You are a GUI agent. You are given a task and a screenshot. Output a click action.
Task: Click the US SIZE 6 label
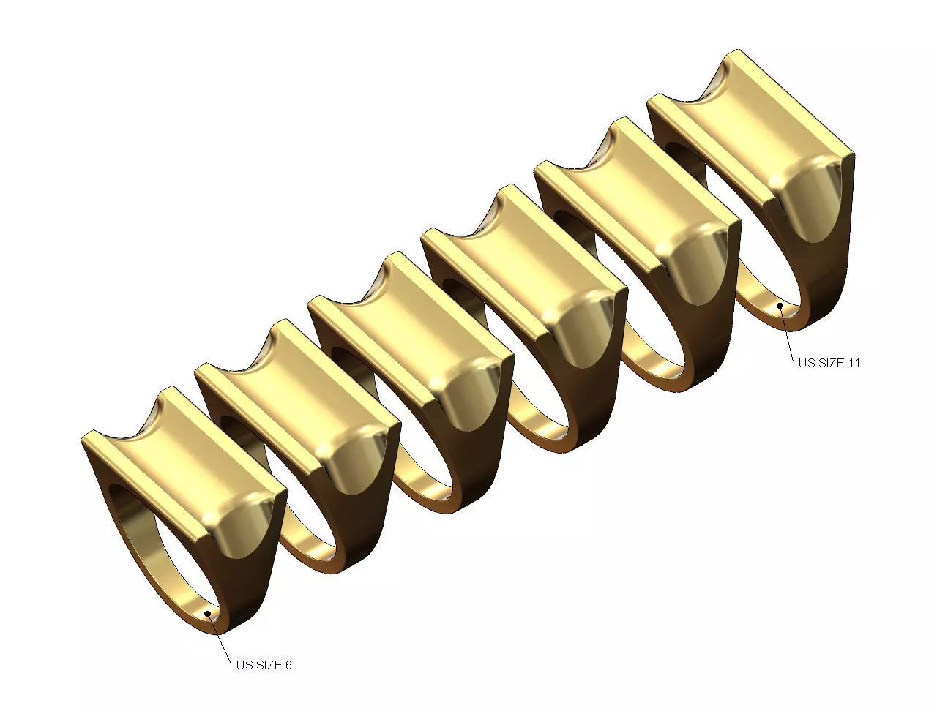click(x=264, y=665)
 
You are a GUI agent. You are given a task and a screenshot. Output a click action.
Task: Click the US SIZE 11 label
click(x=829, y=362)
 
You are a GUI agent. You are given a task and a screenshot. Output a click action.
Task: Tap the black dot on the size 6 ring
click(x=209, y=613)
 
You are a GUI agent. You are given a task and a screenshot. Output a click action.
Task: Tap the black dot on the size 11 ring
click(x=780, y=305)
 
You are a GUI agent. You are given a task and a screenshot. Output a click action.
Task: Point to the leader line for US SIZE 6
click(x=219, y=636)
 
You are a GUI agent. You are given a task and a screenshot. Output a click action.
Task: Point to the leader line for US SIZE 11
click(x=787, y=333)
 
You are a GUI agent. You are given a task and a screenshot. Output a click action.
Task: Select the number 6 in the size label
click(x=288, y=665)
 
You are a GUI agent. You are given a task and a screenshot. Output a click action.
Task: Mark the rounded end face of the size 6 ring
click(x=242, y=534)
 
